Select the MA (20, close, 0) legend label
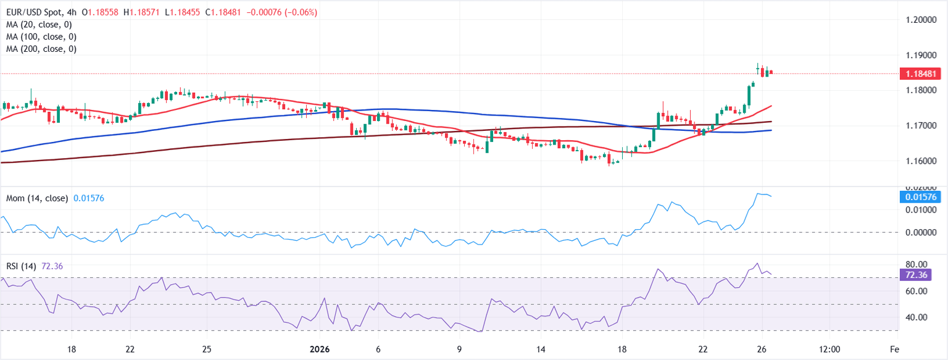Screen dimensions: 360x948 point(40,25)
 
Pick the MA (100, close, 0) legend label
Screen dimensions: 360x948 point(42,36)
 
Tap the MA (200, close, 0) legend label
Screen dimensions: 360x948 point(42,49)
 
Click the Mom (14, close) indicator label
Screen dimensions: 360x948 point(37,198)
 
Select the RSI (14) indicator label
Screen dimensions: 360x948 point(21,266)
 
